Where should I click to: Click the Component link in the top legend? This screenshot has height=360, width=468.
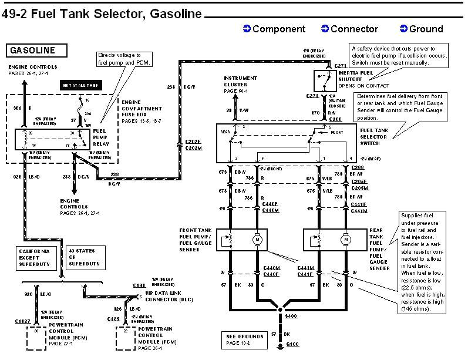coord(274,29)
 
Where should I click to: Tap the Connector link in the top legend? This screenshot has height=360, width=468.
coord(349,29)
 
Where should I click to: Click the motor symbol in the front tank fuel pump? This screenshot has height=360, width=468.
coord(257,239)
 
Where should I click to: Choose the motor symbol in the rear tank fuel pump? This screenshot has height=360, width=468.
coord(346,239)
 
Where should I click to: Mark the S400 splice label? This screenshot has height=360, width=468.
coord(291,315)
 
